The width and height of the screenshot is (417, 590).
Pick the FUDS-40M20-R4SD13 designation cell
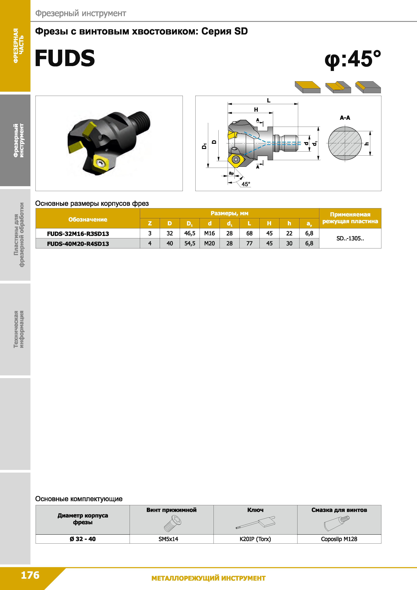click(x=78, y=244)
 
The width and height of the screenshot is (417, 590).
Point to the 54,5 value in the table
click(x=190, y=243)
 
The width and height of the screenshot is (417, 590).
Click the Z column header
click(x=150, y=223)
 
